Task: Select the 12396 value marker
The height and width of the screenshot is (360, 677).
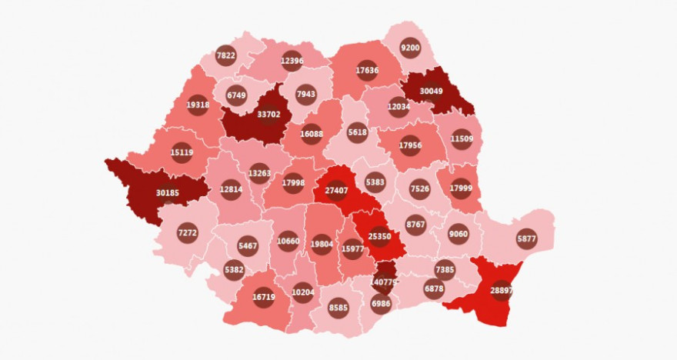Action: pos(292,61)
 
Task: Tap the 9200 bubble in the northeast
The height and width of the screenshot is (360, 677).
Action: pos(410,48)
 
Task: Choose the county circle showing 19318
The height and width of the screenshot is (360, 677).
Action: pos(198,105)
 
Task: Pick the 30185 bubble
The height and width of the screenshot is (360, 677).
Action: pos(168,193)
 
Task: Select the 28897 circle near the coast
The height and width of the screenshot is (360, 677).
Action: pos(502,290)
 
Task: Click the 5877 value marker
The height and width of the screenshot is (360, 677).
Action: pos(526,238)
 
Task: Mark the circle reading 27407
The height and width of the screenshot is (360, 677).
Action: pos(337,191)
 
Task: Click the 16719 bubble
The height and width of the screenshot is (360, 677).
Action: pos(263,297)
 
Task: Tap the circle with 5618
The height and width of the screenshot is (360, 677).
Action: pos(357,132)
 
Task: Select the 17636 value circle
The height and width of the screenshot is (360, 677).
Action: pos(367,71)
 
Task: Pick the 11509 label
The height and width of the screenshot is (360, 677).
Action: pos(462,139)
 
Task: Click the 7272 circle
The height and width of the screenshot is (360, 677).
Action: pos(187,232)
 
